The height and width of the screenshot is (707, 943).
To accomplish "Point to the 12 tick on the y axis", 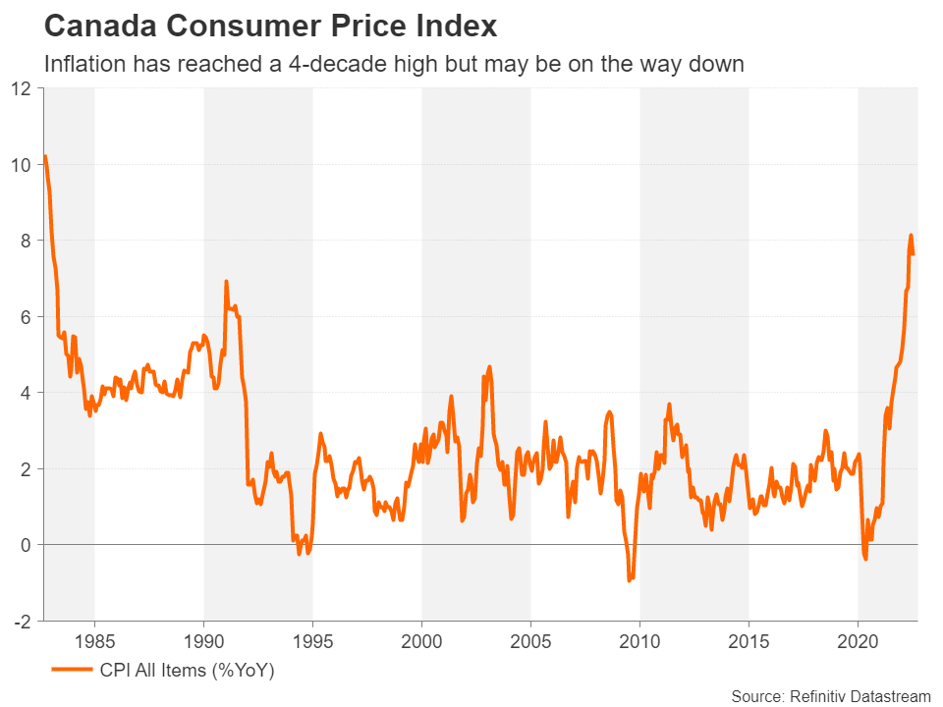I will (23, 89).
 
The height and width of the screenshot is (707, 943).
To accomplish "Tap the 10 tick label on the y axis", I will (23, 165).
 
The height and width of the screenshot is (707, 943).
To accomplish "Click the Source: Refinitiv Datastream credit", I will (830, 695).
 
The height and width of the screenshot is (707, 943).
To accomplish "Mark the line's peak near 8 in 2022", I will (911, 236).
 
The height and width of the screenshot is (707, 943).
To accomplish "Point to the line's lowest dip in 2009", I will (630, 580).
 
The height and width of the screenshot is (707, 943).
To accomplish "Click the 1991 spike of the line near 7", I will (226, 282).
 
